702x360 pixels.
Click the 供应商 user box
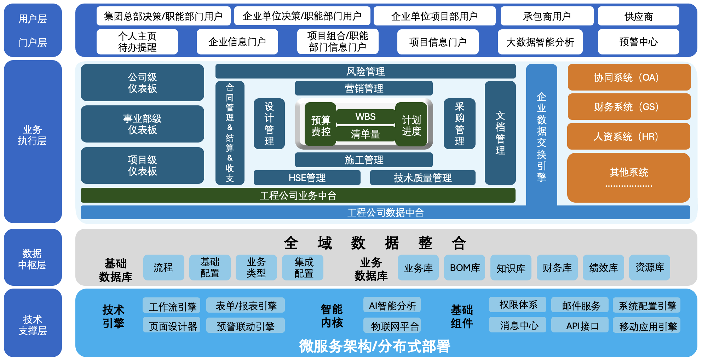638,16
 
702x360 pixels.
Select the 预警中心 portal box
638,42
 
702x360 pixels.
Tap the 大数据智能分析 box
540,42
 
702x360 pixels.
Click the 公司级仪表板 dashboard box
142,82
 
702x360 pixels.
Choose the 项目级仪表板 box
142,166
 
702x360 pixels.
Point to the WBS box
366,117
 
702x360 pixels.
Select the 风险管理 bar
366,71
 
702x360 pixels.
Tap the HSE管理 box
307,178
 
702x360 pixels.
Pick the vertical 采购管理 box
459,124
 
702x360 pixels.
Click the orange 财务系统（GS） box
629,107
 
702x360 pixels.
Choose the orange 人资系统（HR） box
628,137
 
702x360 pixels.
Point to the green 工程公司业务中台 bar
298,195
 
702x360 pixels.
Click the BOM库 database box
465,268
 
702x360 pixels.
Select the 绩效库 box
603,268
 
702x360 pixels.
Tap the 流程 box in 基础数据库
163,268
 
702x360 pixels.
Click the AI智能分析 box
392,305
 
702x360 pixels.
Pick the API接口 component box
582,325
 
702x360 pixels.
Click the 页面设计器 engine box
172,325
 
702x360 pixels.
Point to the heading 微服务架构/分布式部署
374,346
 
